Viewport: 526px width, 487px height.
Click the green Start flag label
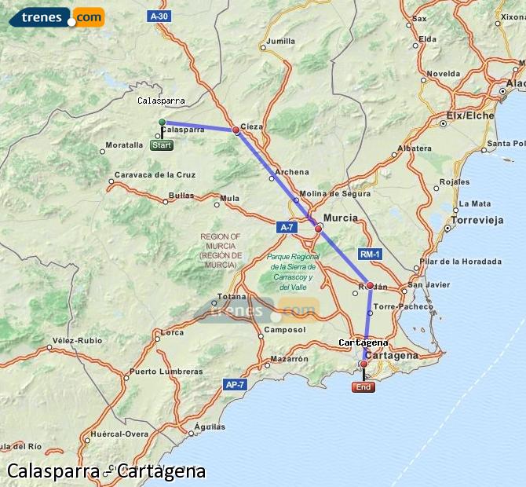[x=162, y=145]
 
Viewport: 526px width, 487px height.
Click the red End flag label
[x=363, y=387]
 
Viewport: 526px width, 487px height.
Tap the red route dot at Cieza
[x=236, y=130]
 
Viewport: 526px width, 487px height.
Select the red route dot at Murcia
[x=318, y=229]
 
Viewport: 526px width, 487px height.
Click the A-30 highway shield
[x=158, y=16]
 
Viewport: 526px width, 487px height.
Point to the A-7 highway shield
[x=287, y=226]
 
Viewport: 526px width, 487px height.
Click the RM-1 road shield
[x=370, y=254]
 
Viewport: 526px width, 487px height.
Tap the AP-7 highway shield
[x=235, y=384]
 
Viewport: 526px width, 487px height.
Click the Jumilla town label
[x=281, y=41]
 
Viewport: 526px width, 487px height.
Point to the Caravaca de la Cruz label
[x=155, y=174]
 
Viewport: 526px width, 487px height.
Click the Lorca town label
[x=171, y=333]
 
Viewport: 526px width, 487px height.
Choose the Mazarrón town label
[x=288, y=358]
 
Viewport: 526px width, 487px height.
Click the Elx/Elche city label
[x=470, y=115]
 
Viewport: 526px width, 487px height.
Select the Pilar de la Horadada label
[x=460, y=262]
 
